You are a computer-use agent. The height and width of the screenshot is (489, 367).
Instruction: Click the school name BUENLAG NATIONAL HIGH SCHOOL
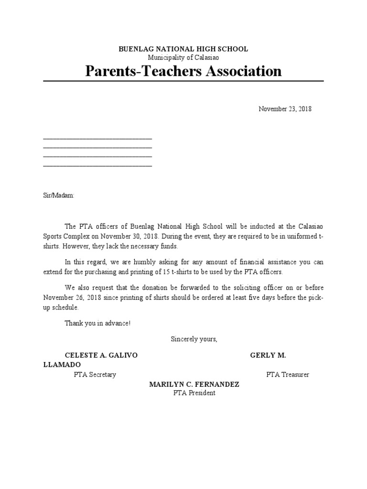coord(183,49)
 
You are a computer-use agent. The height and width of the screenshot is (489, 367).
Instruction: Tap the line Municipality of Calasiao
coord(183,57)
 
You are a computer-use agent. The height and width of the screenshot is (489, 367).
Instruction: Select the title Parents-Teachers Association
coord(183,71)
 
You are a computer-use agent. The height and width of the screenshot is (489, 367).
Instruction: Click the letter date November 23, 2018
coord(285,109)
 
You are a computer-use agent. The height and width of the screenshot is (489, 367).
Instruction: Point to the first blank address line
coord(97,138)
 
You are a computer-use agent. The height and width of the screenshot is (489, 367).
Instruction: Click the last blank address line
coord(97,165)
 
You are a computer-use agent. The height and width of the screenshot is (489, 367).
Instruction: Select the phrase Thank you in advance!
coord(97,324)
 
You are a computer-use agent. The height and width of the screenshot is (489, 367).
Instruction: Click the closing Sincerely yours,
coord(194,340)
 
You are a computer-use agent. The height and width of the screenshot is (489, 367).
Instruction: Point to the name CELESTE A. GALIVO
coord(101,356)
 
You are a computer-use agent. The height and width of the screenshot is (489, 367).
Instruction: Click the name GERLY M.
coord(268,356)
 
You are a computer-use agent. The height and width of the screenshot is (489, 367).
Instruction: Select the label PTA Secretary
coord(95,375)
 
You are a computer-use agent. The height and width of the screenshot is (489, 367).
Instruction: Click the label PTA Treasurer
coord(287,375)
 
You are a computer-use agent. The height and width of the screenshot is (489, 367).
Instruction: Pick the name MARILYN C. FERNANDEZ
coord(194,384)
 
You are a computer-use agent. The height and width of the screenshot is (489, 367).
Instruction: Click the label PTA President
coord(194,393)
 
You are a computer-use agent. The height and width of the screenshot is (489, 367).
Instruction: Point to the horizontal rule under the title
coord(183,81)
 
